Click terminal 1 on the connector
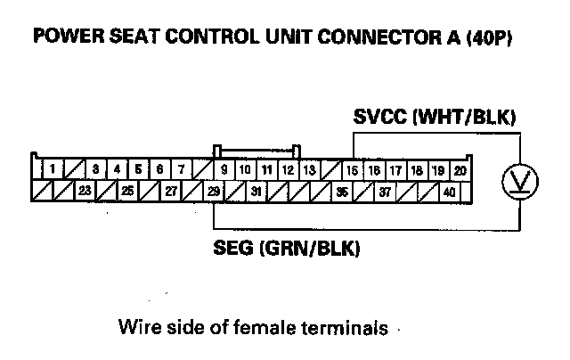tap(53, 168)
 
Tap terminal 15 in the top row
tap(353, 168)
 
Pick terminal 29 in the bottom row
tap(214, 190)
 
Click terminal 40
tap(449, 190)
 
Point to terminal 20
tap(460, 168)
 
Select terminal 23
tap(85, 190)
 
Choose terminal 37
tap(385, 190)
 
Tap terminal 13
tap(309, 168)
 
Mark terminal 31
tap(256, 190)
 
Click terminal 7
tap(181, 168)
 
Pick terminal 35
tap(341, 190)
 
